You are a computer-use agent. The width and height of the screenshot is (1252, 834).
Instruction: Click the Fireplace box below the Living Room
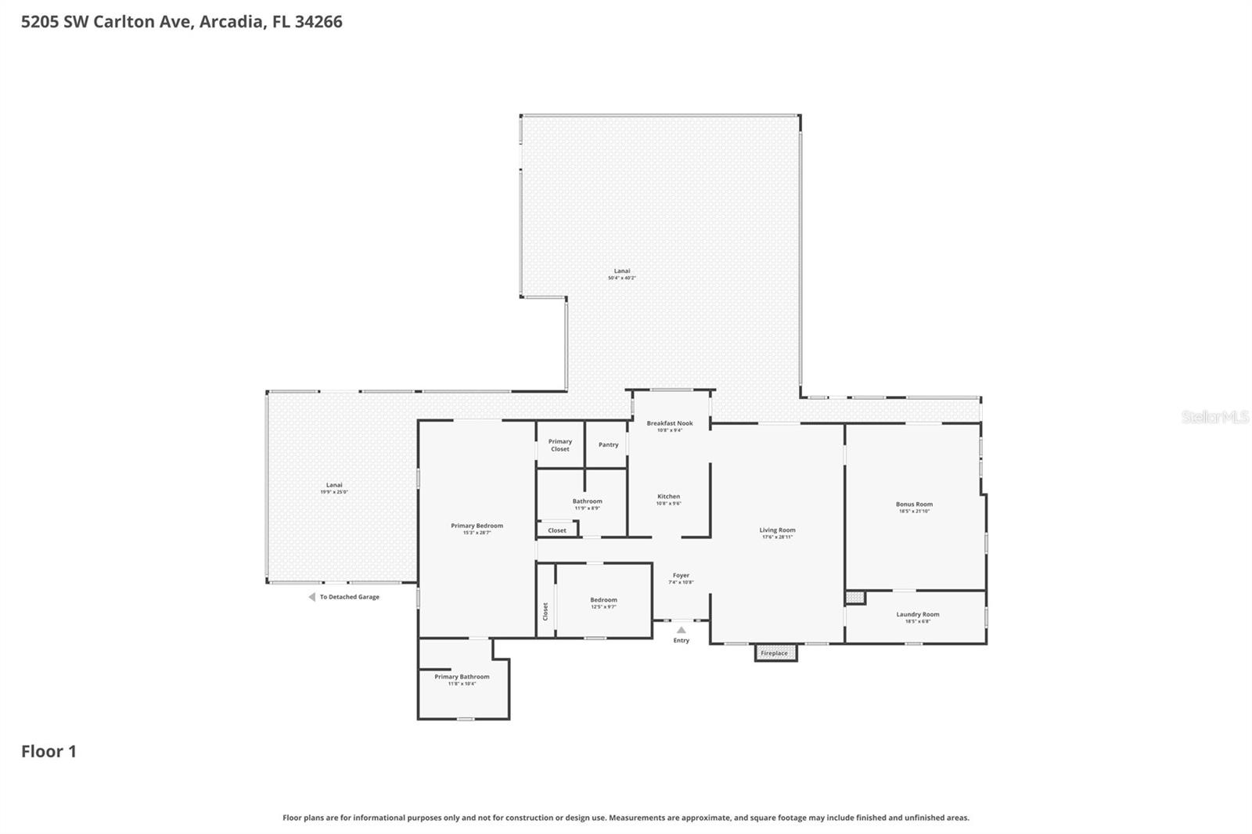point(775,652)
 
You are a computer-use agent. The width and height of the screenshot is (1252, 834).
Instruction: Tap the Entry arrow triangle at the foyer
point(681,630)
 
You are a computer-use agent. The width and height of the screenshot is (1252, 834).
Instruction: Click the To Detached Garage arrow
point(311,597)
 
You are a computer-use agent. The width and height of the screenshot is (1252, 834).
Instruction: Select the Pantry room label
point(608,444)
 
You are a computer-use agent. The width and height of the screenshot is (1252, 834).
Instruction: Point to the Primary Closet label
point(559,445)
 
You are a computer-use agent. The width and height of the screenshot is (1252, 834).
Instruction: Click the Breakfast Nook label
point(669,423)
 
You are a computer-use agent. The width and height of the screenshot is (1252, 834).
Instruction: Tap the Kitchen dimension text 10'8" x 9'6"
point(668,504)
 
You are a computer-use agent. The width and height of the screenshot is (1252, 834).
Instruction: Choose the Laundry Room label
point(917,614)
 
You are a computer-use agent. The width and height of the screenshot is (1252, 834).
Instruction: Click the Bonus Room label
point(914,504)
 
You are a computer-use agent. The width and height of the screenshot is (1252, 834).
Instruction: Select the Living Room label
point(777,530)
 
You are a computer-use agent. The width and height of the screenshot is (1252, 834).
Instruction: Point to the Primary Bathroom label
point(462,677)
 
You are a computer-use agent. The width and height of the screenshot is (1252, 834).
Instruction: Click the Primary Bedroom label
point(477,526)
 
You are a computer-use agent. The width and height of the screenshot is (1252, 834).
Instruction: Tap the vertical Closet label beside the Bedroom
point(545,611)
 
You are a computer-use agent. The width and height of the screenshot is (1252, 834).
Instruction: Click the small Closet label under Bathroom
point(557,530)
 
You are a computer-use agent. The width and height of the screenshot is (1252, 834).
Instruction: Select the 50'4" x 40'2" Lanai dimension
point(622,278)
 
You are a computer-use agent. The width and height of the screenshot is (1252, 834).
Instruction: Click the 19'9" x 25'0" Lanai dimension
point(334,492)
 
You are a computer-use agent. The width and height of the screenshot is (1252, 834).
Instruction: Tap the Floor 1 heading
point(49,751)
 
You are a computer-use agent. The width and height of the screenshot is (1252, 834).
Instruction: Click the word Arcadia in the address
point(231,21)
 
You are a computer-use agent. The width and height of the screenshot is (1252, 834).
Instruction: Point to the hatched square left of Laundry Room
point(854,598)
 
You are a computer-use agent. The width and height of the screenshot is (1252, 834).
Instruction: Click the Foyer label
point(681,575)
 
